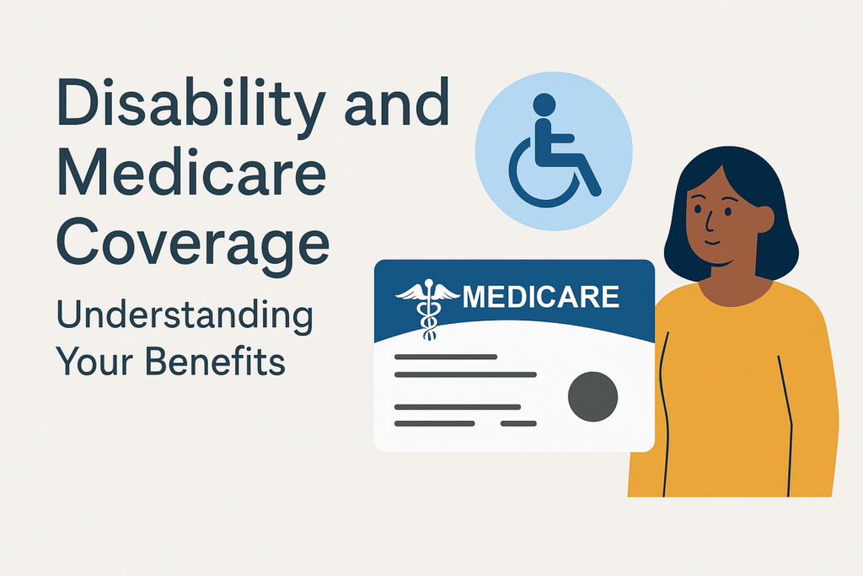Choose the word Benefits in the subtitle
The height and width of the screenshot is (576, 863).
(x=216, y=361)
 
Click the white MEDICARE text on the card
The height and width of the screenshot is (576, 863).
(x=540, y=297)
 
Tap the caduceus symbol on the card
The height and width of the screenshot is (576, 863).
(x=427, y=309)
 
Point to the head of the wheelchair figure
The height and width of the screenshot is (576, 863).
(x=544, y=105)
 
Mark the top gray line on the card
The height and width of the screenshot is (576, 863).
(x=446, y=357)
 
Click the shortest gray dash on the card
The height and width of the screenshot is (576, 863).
(x=518, y=423)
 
